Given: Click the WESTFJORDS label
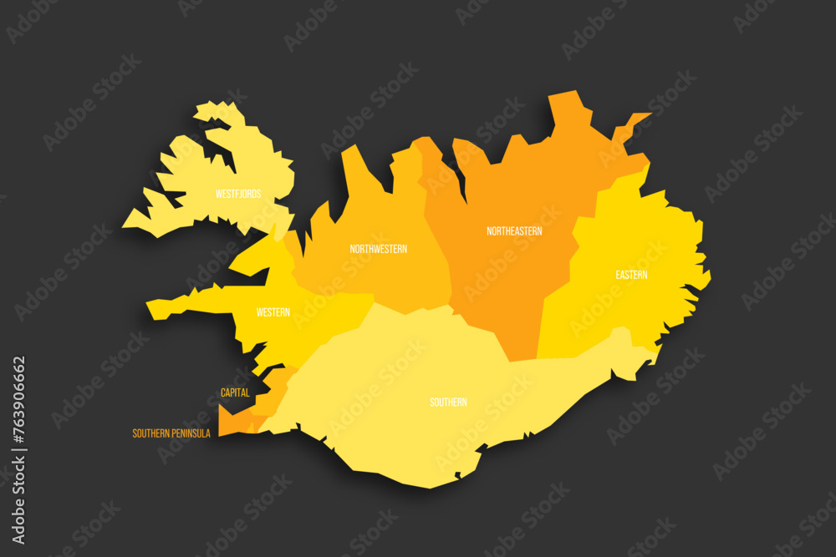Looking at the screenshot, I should point(238,194).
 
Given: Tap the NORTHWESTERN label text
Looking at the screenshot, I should point(379,249).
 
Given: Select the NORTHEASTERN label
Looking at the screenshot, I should point(514,230).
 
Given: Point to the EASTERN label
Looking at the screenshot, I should point(631,275).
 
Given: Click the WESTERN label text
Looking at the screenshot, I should point(273,312).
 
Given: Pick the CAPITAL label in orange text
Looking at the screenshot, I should point(235,392).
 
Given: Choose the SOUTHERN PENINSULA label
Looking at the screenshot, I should point(171,433).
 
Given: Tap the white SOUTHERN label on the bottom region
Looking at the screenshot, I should point(448,403).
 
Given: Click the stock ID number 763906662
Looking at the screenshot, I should point(19,403).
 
